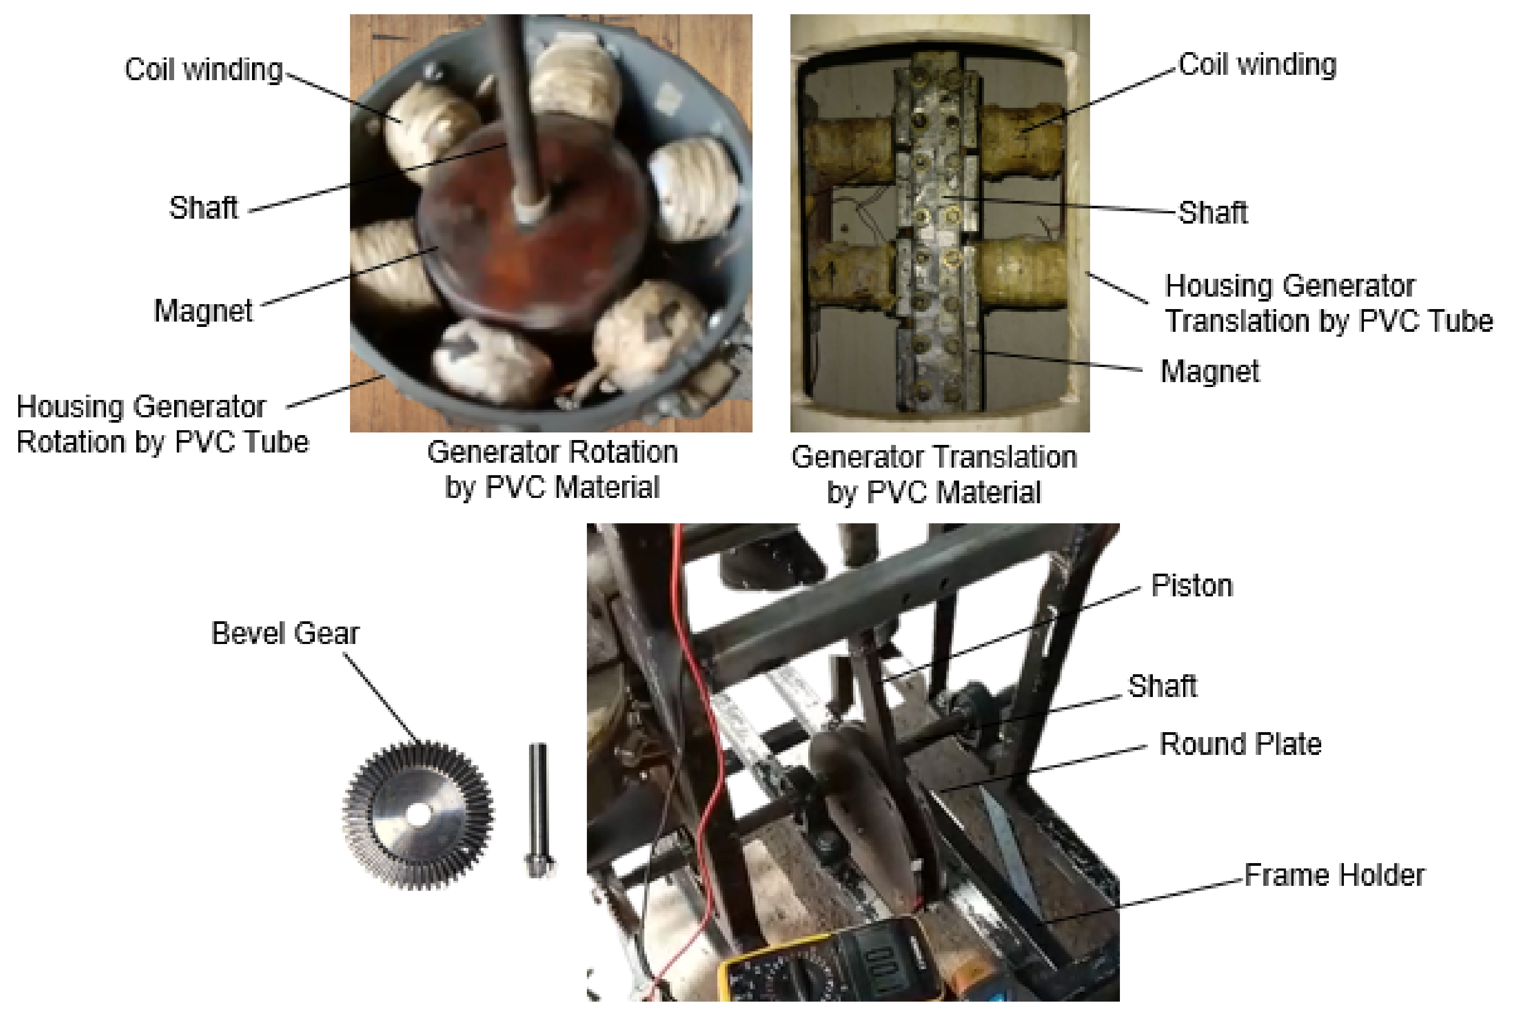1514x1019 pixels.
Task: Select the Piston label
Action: point(1192,586)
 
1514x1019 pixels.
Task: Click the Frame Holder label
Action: point(1334,876)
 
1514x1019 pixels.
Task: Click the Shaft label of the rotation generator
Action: point(203,208)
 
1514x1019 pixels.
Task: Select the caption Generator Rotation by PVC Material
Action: point(552,469)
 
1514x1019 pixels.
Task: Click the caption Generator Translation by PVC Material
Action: point(934,474)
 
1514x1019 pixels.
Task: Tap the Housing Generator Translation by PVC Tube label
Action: point(1329,303)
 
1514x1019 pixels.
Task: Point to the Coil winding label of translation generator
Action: point(1258,65)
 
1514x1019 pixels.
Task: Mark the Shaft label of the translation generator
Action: point(1213,212)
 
